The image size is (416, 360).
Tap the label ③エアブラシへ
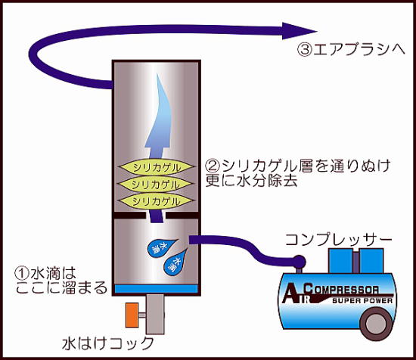[x=352, y=51]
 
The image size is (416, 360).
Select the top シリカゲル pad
[x=155, y=168]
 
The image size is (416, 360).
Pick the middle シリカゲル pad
[x=155, y=185]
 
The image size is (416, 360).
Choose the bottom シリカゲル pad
[x=155, y=201]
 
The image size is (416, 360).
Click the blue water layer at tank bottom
[x=155, y=289]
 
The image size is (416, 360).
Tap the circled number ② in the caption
[x=213, y=164]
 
